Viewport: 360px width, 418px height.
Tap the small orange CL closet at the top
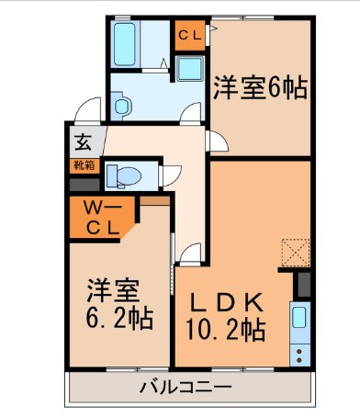pyautogui.click(x=190, y=36)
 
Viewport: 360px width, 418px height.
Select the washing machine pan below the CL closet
pyautogui.click(x=191, y=69)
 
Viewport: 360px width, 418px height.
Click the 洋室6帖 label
pyautogui.click(x=260, y=90)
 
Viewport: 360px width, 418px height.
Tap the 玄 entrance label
pyautogui.click(x=83, y=143)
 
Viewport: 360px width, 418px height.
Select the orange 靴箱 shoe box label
pyautogui.click(x=84, y=166)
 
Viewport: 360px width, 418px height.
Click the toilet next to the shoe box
pyautogui.click(x=122, y=175)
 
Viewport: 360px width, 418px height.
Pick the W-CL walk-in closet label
pyautogui.click(x=101, y=220)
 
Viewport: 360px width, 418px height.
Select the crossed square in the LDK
pyautogui.click(x=297, y=251)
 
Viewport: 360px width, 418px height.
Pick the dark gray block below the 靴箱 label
pyautogui.click(x=83, y=184)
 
